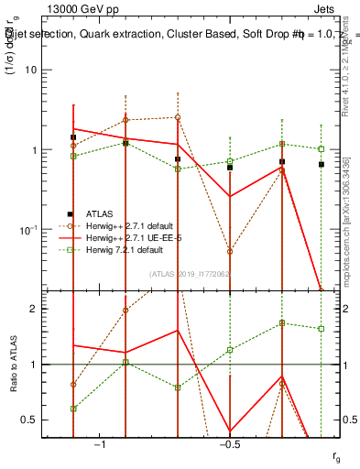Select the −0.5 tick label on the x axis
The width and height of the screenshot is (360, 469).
coord(229,445)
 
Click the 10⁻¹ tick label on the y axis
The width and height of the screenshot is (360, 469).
coord(29,229)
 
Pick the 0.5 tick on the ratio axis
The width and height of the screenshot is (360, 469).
coord(31,420)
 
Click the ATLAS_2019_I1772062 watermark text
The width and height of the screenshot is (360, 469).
coord(190,273)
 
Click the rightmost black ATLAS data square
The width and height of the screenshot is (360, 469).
coord(321,164)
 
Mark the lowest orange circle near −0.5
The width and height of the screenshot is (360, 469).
coord(230,251)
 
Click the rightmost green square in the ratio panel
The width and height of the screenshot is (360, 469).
coord(321,328)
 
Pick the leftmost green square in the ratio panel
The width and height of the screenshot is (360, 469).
coord(73,409)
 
